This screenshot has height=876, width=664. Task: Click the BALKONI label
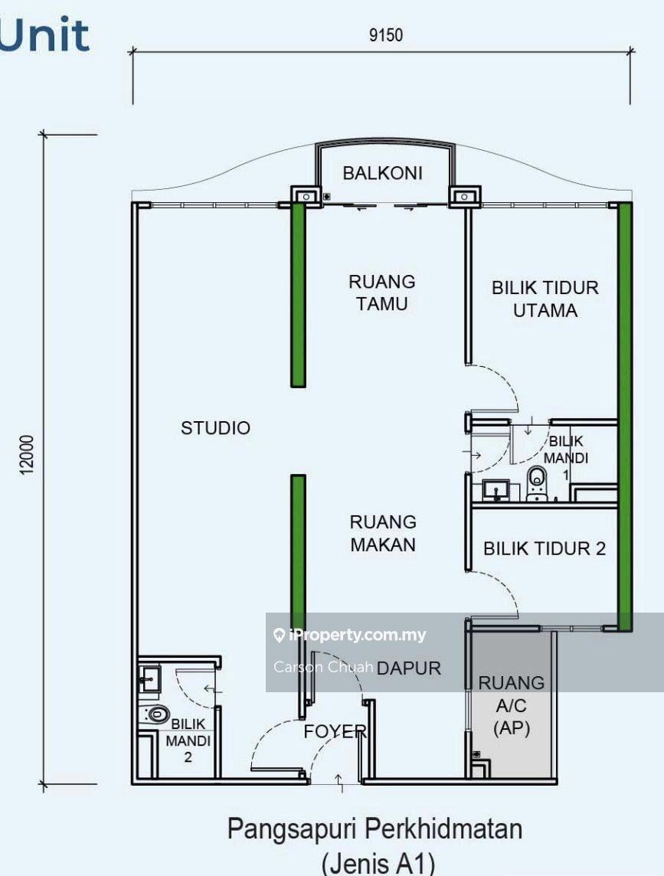[382, 173]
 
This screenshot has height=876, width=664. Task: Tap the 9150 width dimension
[386, 35]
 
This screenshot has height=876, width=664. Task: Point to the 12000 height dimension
[27, 456]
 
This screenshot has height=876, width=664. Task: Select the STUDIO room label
[215, 428]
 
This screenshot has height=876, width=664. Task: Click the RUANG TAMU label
[382, 293]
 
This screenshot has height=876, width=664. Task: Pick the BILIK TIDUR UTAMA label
[545, 299]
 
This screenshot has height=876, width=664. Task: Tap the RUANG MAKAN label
[383, 533]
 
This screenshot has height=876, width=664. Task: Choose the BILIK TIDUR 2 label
[545, 548]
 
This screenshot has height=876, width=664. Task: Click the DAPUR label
[409, 668]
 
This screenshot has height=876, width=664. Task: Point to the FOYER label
[335, 731]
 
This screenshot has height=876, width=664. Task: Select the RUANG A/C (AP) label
[512, 705]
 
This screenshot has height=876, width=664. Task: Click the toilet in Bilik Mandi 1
[537, 483]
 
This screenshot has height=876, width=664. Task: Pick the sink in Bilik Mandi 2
[149, 678]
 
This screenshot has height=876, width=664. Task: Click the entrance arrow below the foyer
[339, 783]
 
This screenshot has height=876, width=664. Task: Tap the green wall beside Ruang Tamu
[299, 294]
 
